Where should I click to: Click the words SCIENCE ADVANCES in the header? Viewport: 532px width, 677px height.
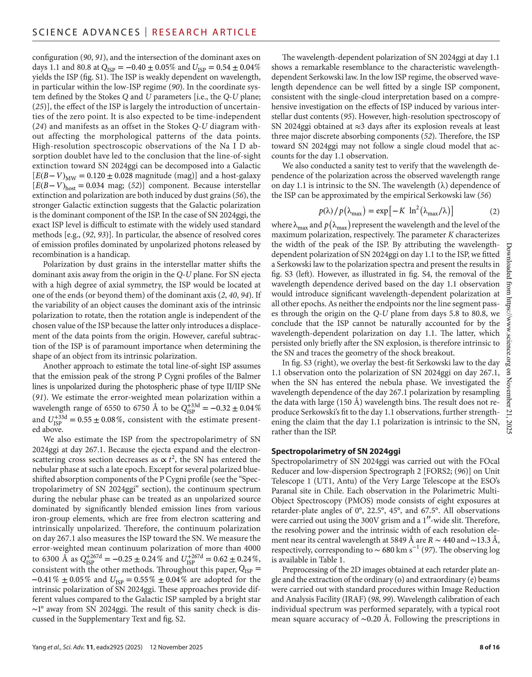tap(86, 32)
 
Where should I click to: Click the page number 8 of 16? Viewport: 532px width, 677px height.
tap(489, 647)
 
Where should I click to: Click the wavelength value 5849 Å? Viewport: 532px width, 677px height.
tap(392, 540)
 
